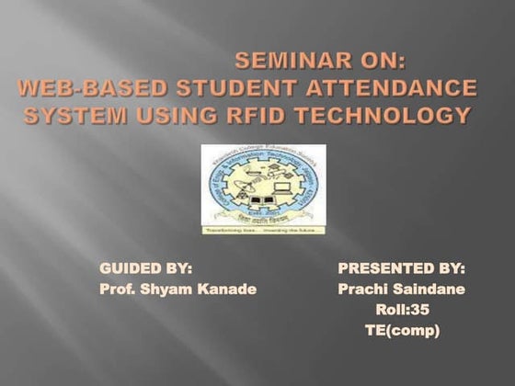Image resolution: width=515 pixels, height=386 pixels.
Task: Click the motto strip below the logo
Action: tap(263, 230)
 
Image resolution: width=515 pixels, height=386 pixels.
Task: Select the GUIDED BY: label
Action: tap(145, 268)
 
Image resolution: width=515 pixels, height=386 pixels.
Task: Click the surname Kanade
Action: tap(223, 289)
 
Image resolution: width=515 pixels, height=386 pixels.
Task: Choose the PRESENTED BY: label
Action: tap(402, 268)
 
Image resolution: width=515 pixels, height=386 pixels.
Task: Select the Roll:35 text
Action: tap(402, 310)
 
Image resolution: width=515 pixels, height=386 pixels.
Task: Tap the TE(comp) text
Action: tap(402, 330)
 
